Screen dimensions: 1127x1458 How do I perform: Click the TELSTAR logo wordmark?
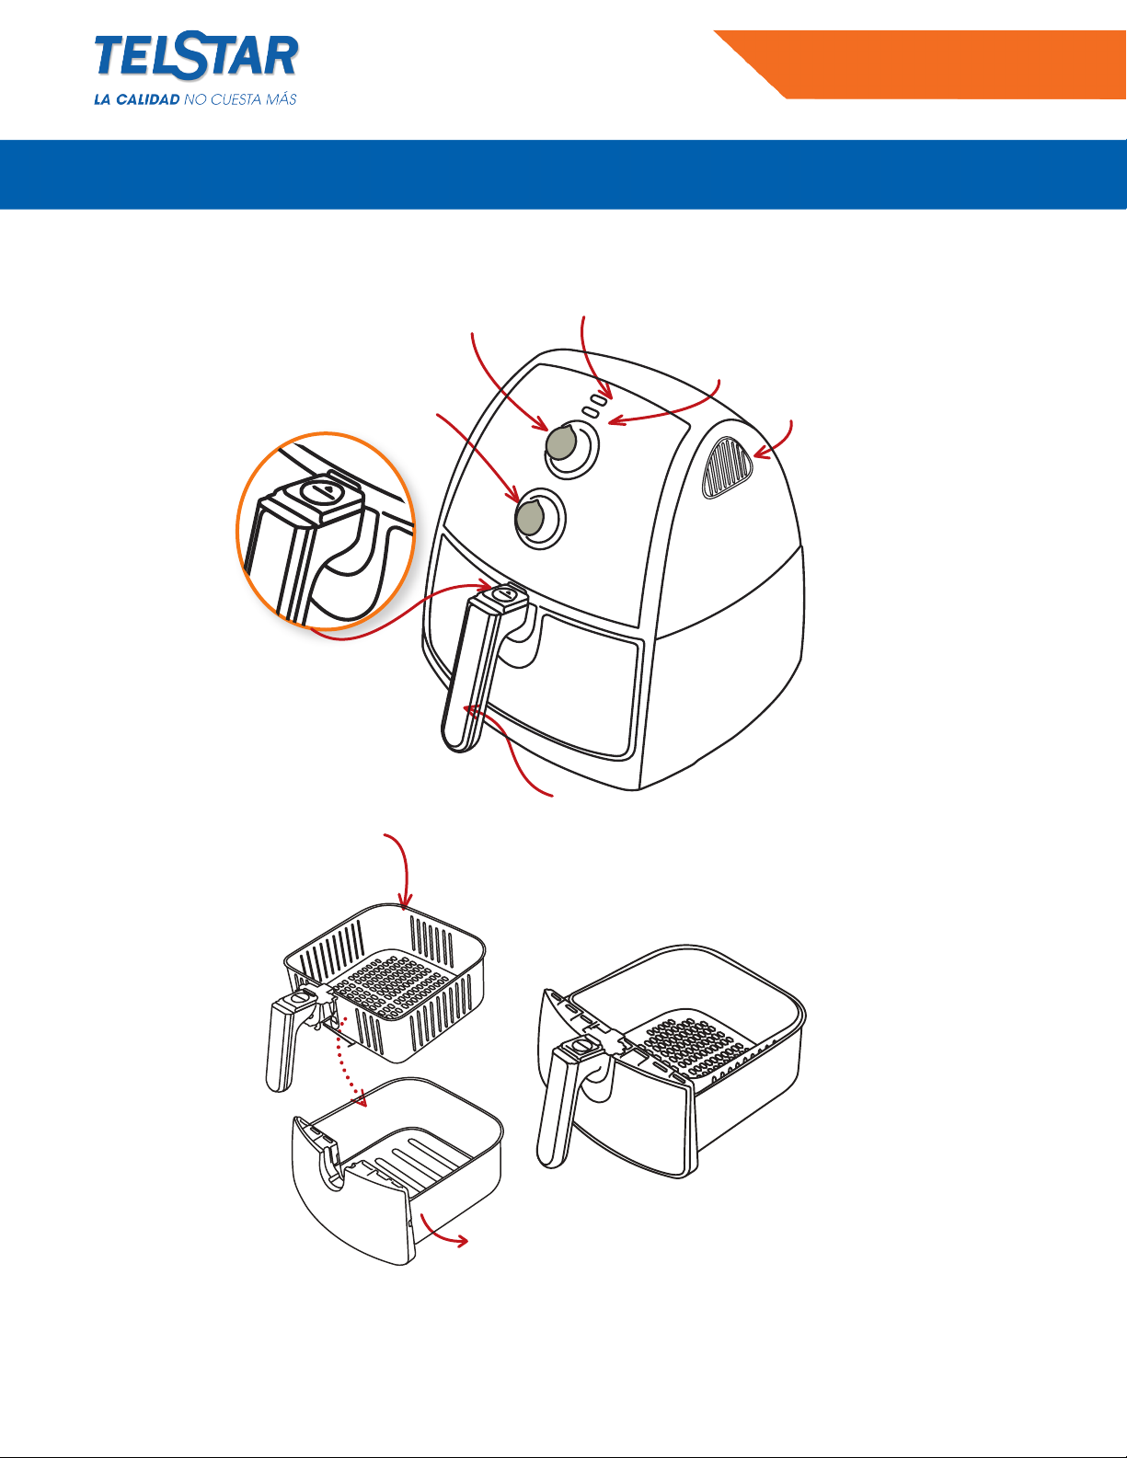click(x=196, y=56)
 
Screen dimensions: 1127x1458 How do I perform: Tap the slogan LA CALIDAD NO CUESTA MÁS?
click(x=195, y=99)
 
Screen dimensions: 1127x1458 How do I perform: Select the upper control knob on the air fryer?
click(x=562, y=442)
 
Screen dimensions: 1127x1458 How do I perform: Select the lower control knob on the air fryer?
click(x=530, y=518)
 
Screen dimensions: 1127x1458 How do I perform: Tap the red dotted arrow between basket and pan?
click(x=353, y=1060)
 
